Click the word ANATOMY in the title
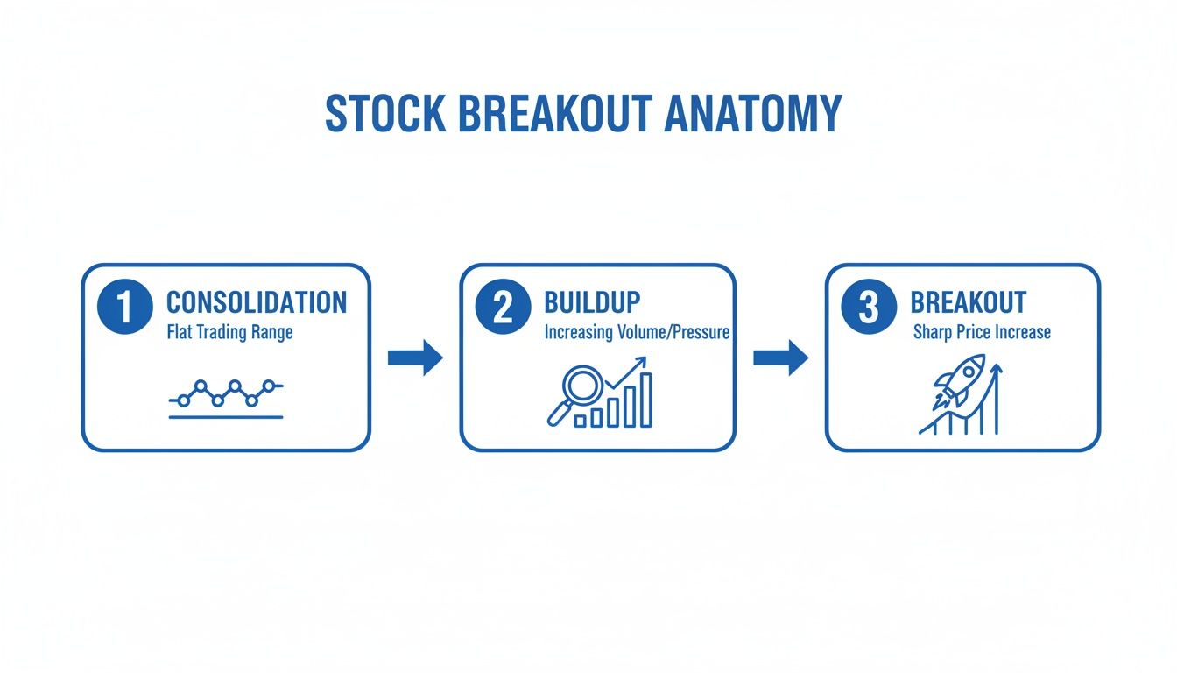(753, 113)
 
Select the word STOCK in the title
(385, 113)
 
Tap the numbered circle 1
(125, 307)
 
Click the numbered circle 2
(503, 307)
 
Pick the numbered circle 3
(869, 307)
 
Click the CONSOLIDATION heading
(257, 302)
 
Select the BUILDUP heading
(592, 302)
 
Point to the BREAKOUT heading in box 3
(968, 302)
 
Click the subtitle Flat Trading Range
(229, 332)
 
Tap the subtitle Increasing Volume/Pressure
(637, 332)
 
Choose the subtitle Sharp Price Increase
(982, 332)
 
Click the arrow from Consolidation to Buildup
(415, 358)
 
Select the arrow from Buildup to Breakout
(781, 358)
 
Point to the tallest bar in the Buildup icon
(646, 400)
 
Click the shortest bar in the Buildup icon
(580, 422)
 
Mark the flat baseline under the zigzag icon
(226, 417)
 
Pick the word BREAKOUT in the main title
(555, 113)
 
